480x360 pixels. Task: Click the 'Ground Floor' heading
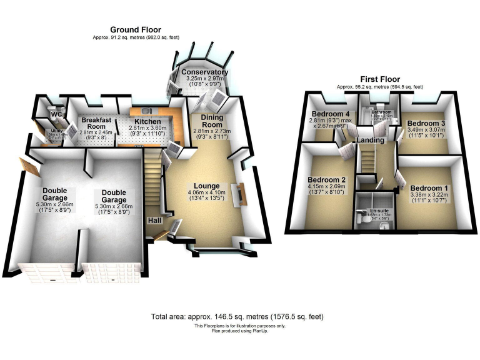(136, 29)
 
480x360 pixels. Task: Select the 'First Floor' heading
(380, 79)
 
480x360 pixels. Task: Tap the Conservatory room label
(204, 72)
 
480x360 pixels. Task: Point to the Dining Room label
(215, 120)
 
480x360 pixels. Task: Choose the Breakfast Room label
(96, 123)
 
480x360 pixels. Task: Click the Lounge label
(206, 186)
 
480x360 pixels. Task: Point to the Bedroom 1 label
(429, 188)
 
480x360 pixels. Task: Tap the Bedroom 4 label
(329, 114)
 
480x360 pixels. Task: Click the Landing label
(371, 141)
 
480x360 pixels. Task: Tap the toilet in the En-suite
(363, 219)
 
